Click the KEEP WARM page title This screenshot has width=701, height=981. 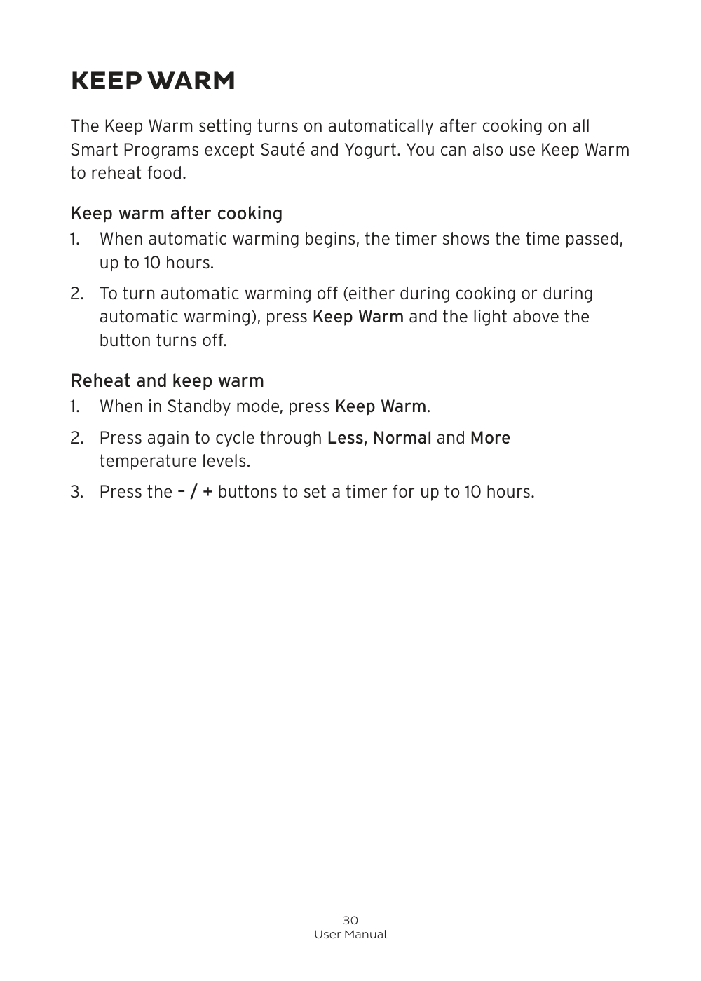[x=153, y=81]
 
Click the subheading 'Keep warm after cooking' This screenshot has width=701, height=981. [x=176, y=213]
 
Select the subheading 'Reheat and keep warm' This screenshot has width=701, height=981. [x=167, y=380]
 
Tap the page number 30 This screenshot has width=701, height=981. [x=350, y=920]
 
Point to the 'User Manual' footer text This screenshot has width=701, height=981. [x=350, y=935]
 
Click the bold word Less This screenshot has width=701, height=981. [x=345, y=438]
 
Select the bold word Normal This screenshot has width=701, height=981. [x=402, y=438]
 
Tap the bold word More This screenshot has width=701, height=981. [x=490, y=438]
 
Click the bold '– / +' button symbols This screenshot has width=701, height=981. [x=195, y=492]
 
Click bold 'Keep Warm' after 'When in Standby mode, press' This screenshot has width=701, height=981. [x=381, y=406]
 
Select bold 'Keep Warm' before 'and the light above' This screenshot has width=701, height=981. [x=358, y=317]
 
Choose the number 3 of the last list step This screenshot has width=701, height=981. [x=75, y=492]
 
